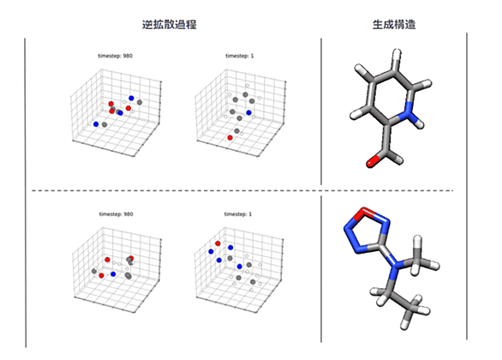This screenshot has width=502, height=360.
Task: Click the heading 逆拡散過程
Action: (x=169, y=25)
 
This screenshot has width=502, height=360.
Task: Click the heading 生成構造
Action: (x=394, y=25)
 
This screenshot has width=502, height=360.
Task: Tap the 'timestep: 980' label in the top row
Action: (x=116, y=56)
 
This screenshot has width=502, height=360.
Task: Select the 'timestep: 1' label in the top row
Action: (x=240, y=56)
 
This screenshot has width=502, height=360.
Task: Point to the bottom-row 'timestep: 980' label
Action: (x=116, y=214)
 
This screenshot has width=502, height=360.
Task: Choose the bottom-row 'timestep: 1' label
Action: (x=238, y=214)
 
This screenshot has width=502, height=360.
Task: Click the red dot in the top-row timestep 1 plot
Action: (x=230, y=138)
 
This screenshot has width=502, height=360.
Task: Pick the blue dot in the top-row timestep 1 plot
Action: (x=248, y=112)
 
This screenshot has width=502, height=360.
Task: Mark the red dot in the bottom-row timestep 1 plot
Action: (x=218, y=243)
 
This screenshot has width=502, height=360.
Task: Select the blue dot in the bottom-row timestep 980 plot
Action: (x=113, y=274)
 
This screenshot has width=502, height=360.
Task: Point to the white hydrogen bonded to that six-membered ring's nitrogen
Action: (x=420, y=123)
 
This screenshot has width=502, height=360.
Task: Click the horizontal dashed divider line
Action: (x=242, y=190)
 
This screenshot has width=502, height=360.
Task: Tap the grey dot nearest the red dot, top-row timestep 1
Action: (x=236, y=130)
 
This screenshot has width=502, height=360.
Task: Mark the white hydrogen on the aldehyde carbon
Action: (x=398, y=159)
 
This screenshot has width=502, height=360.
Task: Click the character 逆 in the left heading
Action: (x=147, y=25)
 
